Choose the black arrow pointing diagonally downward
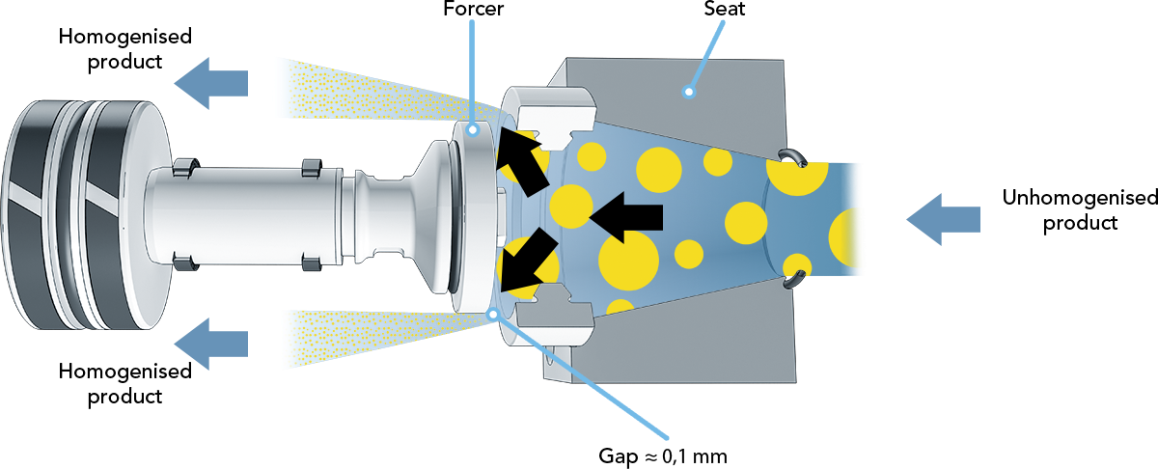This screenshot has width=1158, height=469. pos(527,263)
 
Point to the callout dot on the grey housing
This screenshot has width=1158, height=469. pos(688,93)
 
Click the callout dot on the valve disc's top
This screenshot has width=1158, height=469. pos(472,128)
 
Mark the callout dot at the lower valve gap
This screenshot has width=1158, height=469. pos(494,313)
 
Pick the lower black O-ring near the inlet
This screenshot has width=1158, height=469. pos(793,281)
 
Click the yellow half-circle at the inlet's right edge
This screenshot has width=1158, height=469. pos(847,237)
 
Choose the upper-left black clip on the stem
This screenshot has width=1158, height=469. pos(182,168)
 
